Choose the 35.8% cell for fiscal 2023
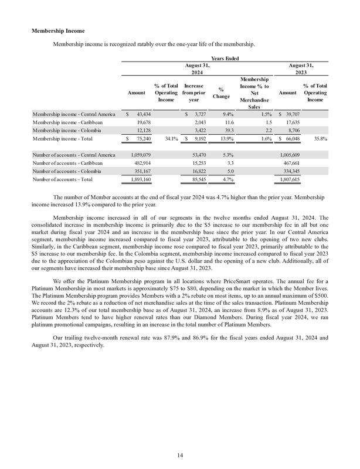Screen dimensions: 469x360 (x=318, y=139)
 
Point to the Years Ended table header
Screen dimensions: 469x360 (x=223, y=57)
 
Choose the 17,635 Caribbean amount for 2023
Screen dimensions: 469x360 (x=290, y=121)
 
